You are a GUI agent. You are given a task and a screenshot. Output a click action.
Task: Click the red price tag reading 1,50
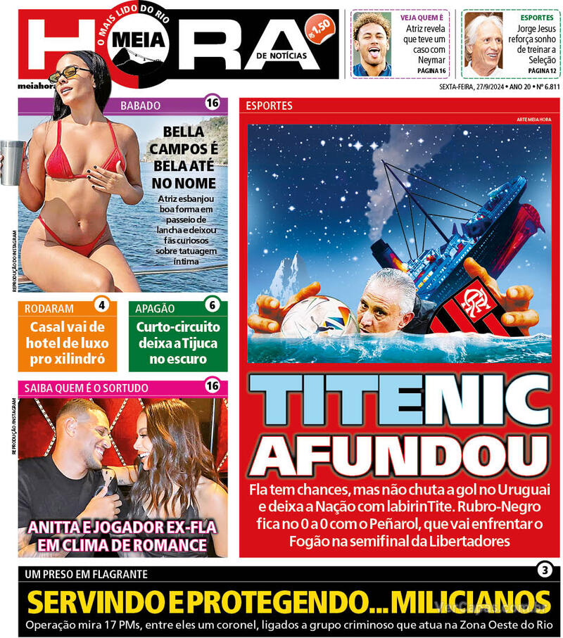click(322, 28)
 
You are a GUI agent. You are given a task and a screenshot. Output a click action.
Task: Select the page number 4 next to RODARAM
click(101, 306)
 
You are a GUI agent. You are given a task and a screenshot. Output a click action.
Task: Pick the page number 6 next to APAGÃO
click(212, 306)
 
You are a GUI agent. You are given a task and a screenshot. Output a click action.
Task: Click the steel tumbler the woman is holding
click(11, 162)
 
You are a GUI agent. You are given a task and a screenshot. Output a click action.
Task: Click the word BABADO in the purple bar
click(141, 106)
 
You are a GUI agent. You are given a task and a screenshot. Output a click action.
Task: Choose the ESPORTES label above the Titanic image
click(269, 106)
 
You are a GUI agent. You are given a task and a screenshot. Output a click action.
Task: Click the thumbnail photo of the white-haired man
click(483, 44)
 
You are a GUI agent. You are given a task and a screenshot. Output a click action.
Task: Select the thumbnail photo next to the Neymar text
click(372, 44)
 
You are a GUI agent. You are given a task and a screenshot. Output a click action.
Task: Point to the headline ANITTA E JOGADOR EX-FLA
click(123, 529)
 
